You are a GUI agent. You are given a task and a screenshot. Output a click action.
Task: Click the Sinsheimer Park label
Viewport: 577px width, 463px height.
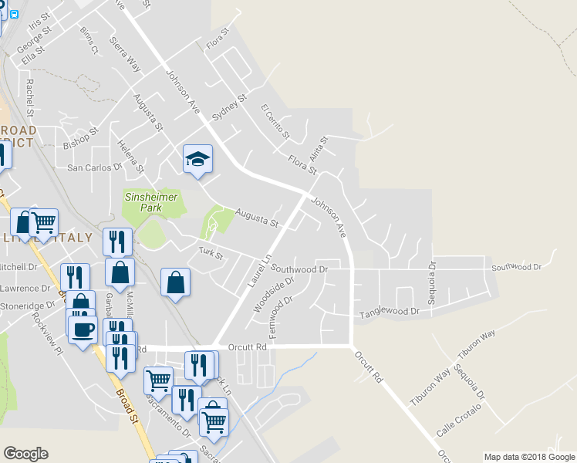[x=152, y=203]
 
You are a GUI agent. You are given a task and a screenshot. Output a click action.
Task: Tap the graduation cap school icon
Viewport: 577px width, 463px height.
[x=197, y=159]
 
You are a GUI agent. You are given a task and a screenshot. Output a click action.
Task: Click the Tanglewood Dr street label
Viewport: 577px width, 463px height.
[x=390, y=313]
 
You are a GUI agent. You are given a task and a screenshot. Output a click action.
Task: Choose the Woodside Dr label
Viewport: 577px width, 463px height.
[x=269, y=295]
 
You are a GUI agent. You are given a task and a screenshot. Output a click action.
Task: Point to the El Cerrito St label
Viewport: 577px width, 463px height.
[x=275, y=121]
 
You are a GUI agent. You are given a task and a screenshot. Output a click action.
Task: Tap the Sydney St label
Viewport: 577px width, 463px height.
[x=228, y=107]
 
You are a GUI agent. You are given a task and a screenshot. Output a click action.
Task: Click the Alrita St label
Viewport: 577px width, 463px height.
[x=319, y=148]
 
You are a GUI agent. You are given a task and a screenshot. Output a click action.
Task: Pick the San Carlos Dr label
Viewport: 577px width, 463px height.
[x=95, y=167]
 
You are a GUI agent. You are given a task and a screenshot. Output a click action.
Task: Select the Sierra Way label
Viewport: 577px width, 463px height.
[x=125, y=54]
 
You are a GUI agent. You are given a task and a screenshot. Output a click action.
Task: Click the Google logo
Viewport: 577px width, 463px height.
[x=25, y=454]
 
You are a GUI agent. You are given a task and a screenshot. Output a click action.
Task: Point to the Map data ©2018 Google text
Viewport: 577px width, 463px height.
[x=529, y=457]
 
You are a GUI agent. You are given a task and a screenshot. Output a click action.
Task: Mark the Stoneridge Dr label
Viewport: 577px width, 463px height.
[x=28, y=305]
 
